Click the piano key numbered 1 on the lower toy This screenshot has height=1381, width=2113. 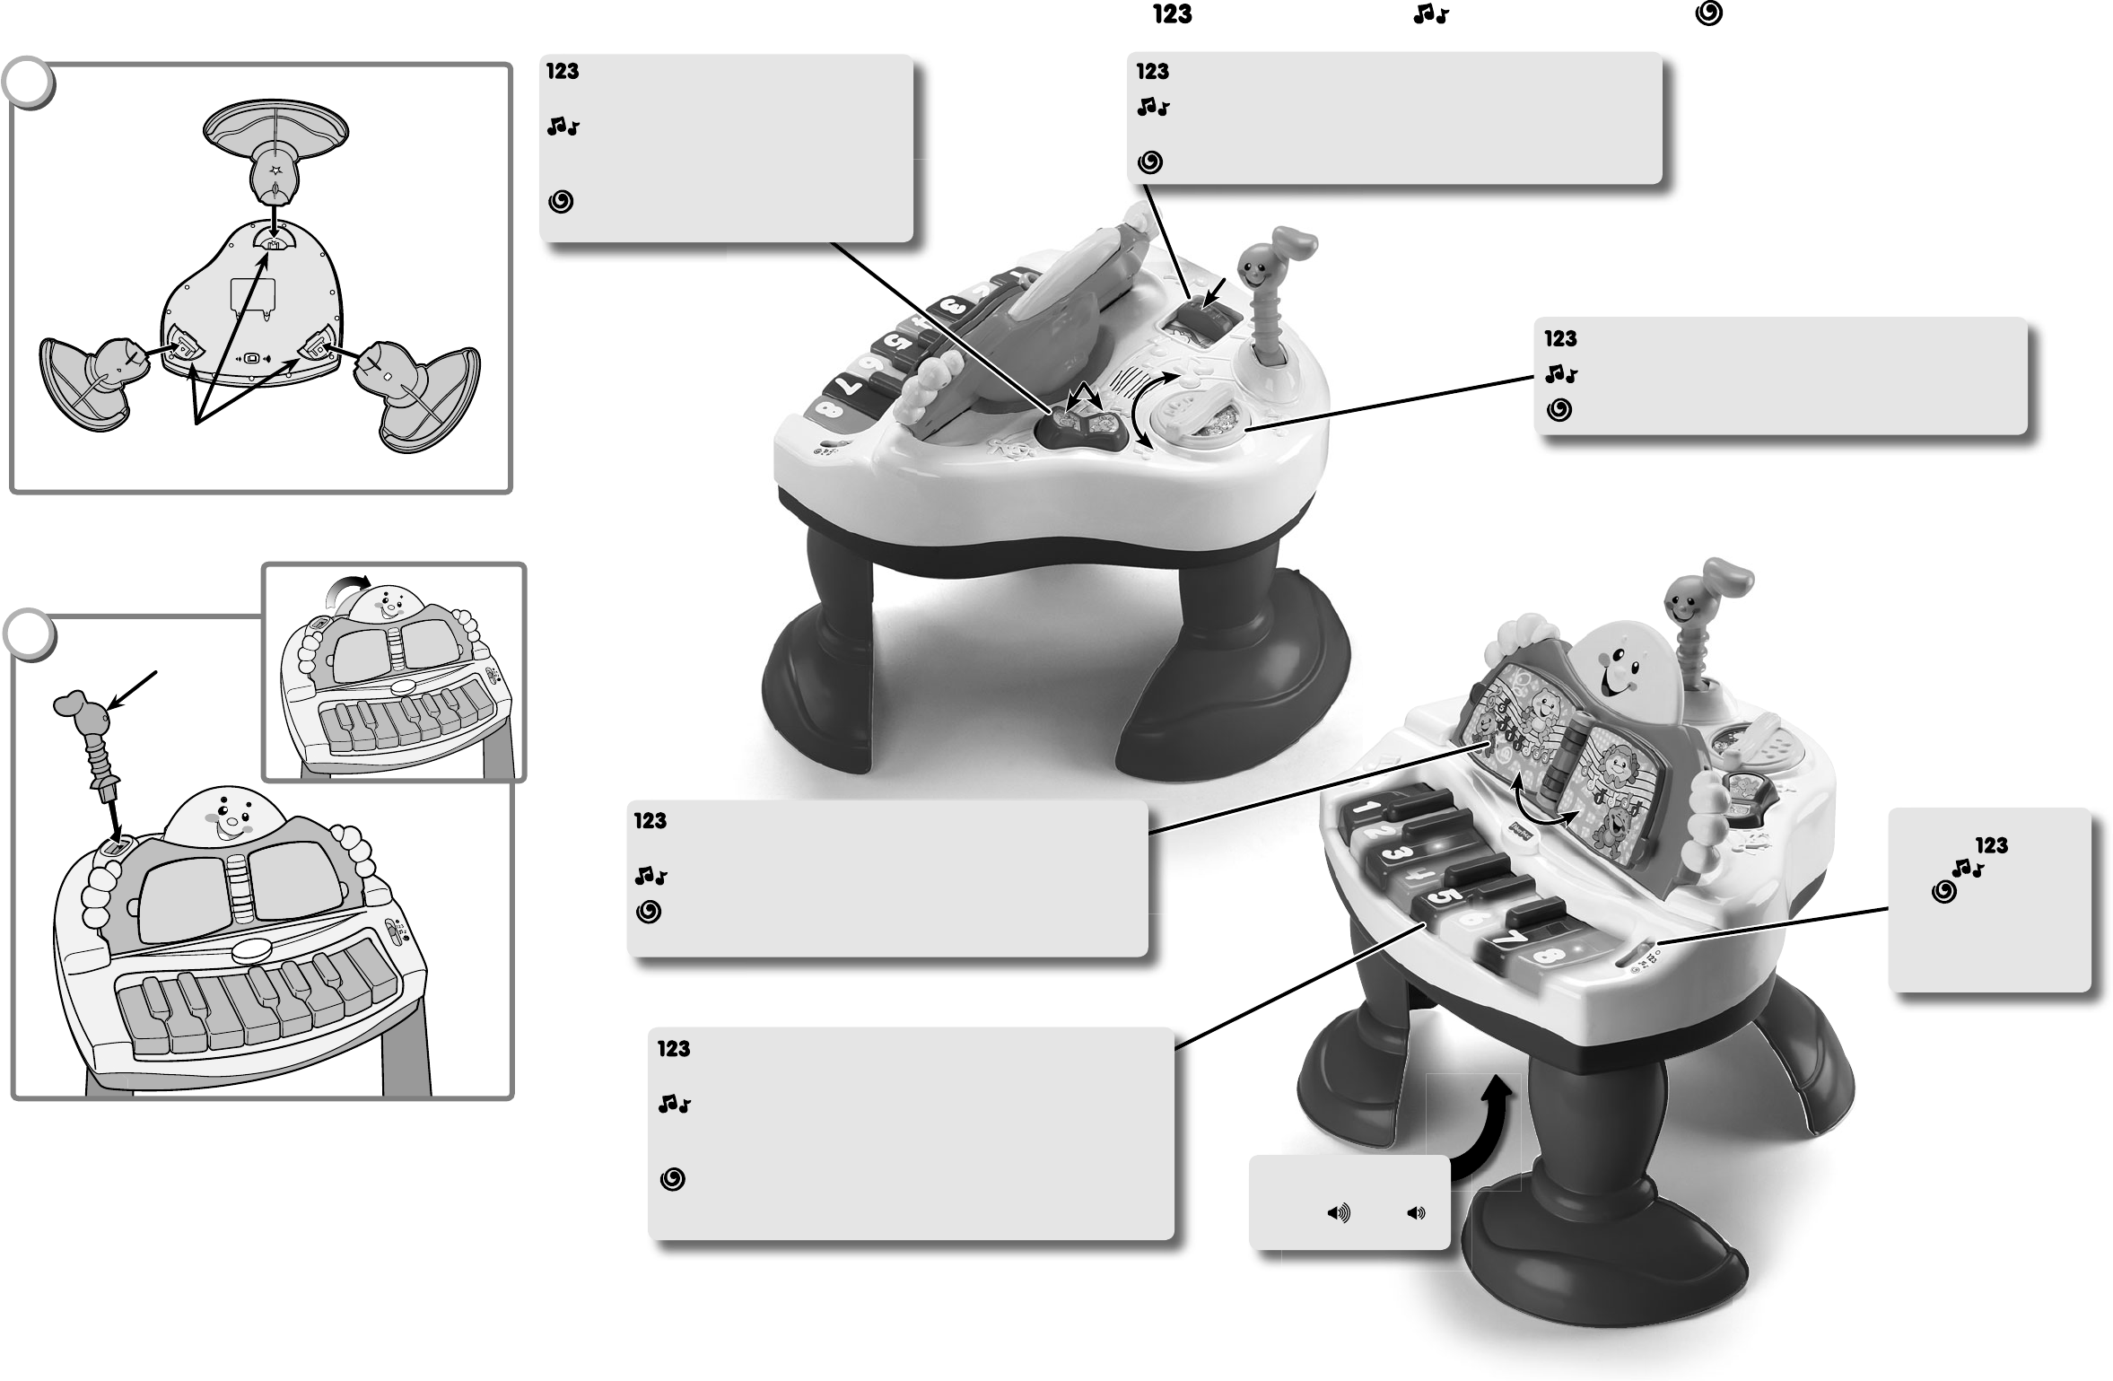coord(1364,808)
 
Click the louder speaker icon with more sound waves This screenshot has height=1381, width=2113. coord(1338,1214)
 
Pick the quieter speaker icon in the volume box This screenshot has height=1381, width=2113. coord(1416,1214)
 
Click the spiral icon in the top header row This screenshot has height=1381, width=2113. coord(1708,14)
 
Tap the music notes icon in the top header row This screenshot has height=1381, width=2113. coord(1430,14)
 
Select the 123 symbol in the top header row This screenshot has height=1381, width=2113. coord(1172,14)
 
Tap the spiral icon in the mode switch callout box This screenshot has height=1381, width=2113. coord(1943,892)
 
